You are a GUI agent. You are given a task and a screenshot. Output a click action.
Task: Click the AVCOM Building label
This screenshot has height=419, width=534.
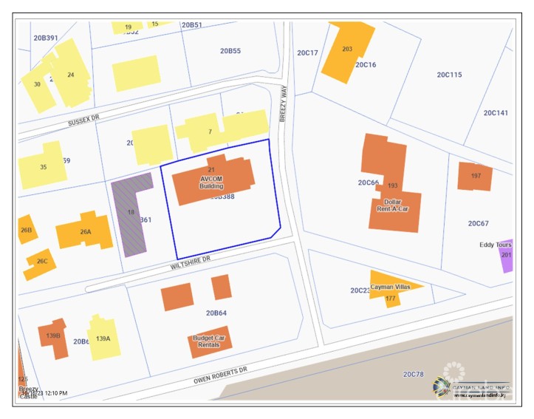211,182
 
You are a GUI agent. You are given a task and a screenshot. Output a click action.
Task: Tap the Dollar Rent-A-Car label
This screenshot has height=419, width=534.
392,205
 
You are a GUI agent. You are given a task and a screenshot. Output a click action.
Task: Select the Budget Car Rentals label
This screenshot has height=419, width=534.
209,341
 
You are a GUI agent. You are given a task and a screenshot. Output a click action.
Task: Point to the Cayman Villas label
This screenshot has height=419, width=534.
390,287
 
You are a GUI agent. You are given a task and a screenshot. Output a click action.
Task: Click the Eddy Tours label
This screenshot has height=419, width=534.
496,245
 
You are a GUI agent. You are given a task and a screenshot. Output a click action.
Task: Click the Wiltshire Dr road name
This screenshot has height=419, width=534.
191,259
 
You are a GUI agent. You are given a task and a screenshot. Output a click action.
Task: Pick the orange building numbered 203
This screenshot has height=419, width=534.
347,50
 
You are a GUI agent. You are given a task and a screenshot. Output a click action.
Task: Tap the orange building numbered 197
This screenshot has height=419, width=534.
475,176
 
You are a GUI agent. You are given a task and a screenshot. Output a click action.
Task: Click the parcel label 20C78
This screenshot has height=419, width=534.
414,375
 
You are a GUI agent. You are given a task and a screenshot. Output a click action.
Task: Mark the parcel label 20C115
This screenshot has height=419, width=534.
449,75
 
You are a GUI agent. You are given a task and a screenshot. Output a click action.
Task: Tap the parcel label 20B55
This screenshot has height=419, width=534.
230,51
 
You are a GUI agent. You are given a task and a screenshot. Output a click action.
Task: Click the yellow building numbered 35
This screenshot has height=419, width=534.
41,166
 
